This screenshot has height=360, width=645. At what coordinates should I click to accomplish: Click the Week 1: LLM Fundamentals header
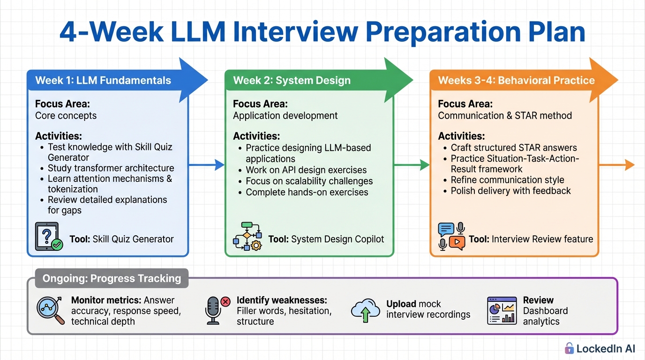[103, 80]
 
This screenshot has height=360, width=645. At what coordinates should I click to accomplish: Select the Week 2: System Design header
[292, 80]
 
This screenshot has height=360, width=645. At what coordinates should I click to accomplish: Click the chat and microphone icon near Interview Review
[451, 237]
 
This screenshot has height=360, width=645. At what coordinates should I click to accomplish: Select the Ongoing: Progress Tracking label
[112, 278]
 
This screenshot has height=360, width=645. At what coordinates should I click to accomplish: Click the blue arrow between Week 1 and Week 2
[206, 165]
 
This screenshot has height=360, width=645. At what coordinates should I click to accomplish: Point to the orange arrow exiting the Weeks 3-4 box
[617, 165]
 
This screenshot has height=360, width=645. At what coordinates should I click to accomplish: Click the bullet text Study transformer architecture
[111, 168]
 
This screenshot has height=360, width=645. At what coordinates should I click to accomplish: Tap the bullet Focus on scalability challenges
[309, 181]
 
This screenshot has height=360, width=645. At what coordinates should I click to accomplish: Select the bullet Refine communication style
[507, 180]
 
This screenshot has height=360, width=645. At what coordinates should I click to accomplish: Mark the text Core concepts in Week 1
[66, 116]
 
